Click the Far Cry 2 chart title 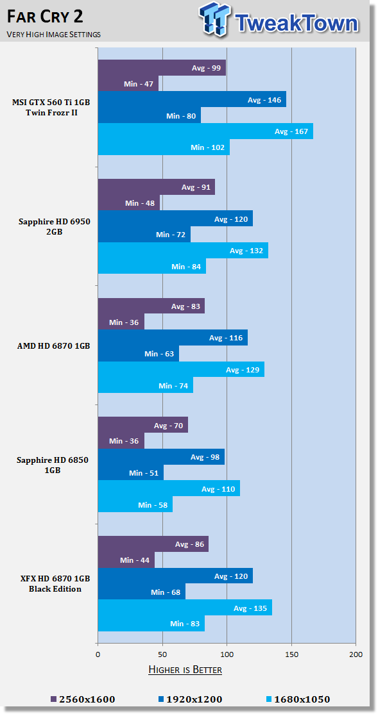click(x=45, y=17)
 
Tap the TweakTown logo click(x=279, y=20)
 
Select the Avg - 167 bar click(x=205, y=131)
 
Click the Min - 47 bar click(x=128, y=83)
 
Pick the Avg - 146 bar click(x=193, y=99)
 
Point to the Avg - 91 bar click(x=157, y=187)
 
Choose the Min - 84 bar click(x=152, y=266)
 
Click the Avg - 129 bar click(x=182, y=369)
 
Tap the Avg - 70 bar click(x=143, y=425)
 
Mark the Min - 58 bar click(x=136, y=504)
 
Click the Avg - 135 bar click(x=185, y=608)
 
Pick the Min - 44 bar click(x=126, y=560)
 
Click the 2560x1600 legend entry click(x=82, y=699)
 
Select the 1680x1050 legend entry click(x=298, y=699)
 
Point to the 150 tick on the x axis click(x=291, y=654)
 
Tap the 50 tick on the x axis click(x=162, y=654)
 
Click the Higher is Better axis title click(x=185, y=670)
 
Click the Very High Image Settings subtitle click(x=53, y=34)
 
